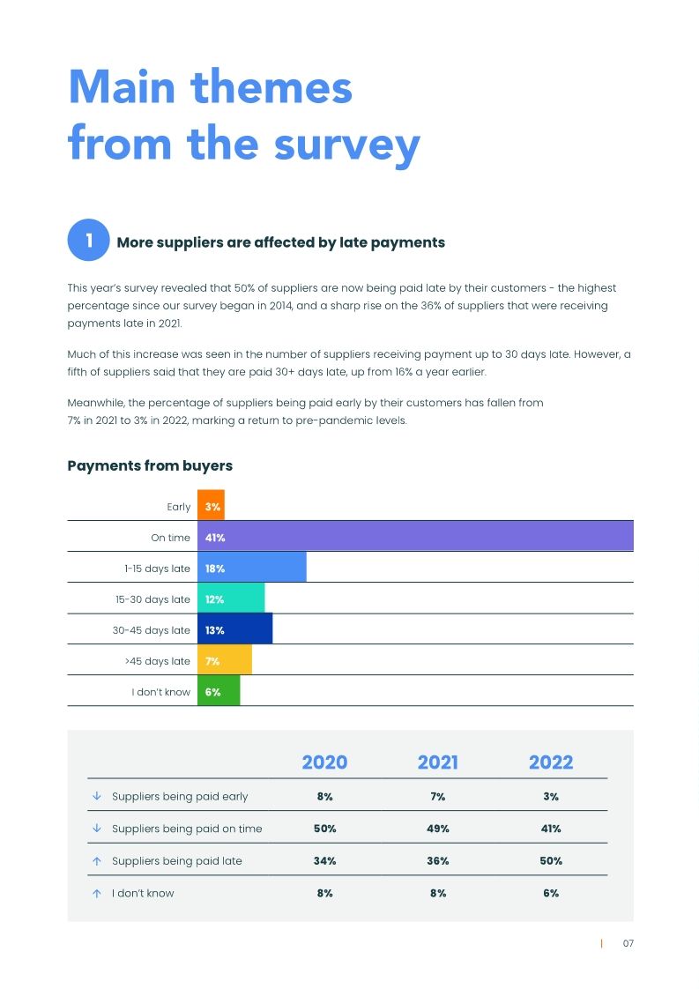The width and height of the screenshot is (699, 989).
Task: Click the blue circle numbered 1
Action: [x=88, y=241]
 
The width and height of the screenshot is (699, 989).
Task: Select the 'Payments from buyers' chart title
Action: [x=150, y=465]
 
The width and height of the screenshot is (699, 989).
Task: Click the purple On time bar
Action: [x=414, y=537]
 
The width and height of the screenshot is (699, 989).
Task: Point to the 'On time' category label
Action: [x=170, y=538]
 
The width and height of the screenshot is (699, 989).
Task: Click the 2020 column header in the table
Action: [x=324, y=762]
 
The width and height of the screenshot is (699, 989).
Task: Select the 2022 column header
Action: [x=551, y=762]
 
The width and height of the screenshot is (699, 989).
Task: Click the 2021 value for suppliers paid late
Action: [x=438, y=860]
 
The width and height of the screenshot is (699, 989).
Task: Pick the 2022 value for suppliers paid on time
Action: [x=551, y=829]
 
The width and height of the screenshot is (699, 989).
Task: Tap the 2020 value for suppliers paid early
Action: [x=324, y=796]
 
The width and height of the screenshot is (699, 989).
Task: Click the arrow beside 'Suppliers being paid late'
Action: [x=96, y=860]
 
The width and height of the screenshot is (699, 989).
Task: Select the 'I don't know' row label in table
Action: [x=143, y=893]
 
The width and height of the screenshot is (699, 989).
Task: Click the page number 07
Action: [x=628, y=943]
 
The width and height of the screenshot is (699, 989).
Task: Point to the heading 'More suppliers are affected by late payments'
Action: [x=280, y=242]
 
